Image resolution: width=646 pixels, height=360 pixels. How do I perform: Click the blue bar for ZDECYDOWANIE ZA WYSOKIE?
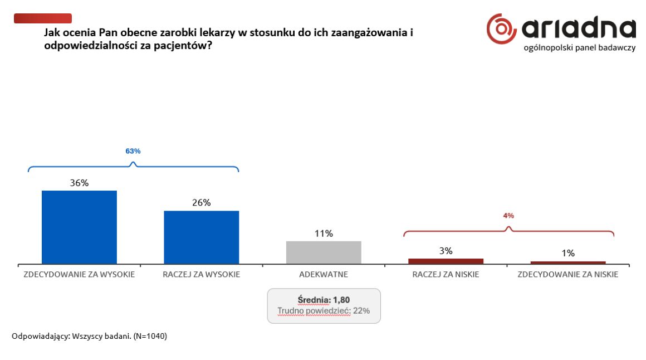pyautogui.click(x=79, y=227)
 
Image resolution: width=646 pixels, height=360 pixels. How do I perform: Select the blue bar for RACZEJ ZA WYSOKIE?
pyautogui.click(x=202, y=237)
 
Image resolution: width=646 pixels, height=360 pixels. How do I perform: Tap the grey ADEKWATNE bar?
pyautogui.click(x=324, y=252)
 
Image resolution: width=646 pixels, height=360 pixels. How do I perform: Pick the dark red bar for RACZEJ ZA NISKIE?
pyautogui.click(x=446, y=261)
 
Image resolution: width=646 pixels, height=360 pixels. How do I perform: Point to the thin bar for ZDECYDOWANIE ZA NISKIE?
pyautogui.click(x=568, y=262)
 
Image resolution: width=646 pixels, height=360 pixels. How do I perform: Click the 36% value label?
pyautogui.click(x=79, y=183)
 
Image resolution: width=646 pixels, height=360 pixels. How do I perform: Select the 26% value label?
pyautogui.click(x=202, y=202)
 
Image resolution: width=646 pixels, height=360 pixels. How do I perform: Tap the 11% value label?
pyautogui.click(x=324, y=233)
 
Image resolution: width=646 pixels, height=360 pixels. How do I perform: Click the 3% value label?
pyautogui.click(x=446, y=251)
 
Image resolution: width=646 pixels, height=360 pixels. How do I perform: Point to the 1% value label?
pyautogui.click(x=568, y=253)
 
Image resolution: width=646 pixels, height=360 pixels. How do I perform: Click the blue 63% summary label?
pyautogui.click(x=133, y=152)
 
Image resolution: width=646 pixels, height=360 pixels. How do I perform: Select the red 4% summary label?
pyautogui.click(x=508, y=216)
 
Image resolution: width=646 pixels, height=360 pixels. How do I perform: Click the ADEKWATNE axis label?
pyautogui.click(x=324, y=274)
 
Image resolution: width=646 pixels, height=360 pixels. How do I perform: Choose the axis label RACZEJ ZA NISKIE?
pyautogui.click(x=446, y=274)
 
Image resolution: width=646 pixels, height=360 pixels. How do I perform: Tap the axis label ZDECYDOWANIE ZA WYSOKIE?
pyautogui.click(x=79, y=274)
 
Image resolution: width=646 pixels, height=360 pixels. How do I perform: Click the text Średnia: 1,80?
pyautogui.click(x=324, y=300)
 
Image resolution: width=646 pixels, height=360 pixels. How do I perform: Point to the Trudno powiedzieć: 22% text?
pyautogui.click(x=324, y=311)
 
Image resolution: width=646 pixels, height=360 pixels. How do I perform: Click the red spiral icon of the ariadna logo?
pyautogui.click(x=501, y=29)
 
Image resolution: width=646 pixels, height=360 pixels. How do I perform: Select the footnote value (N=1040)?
pyautogui.click(x=150, y=336)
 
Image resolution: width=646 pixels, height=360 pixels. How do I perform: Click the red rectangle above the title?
pyautogui.click(x=43, y=18)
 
